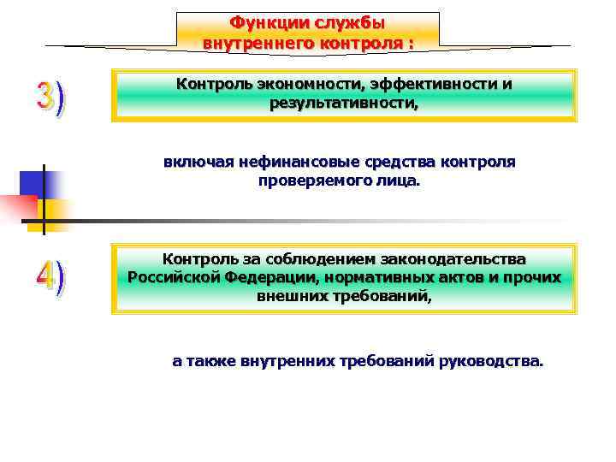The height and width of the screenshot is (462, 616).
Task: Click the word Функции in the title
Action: coord(260,22)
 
